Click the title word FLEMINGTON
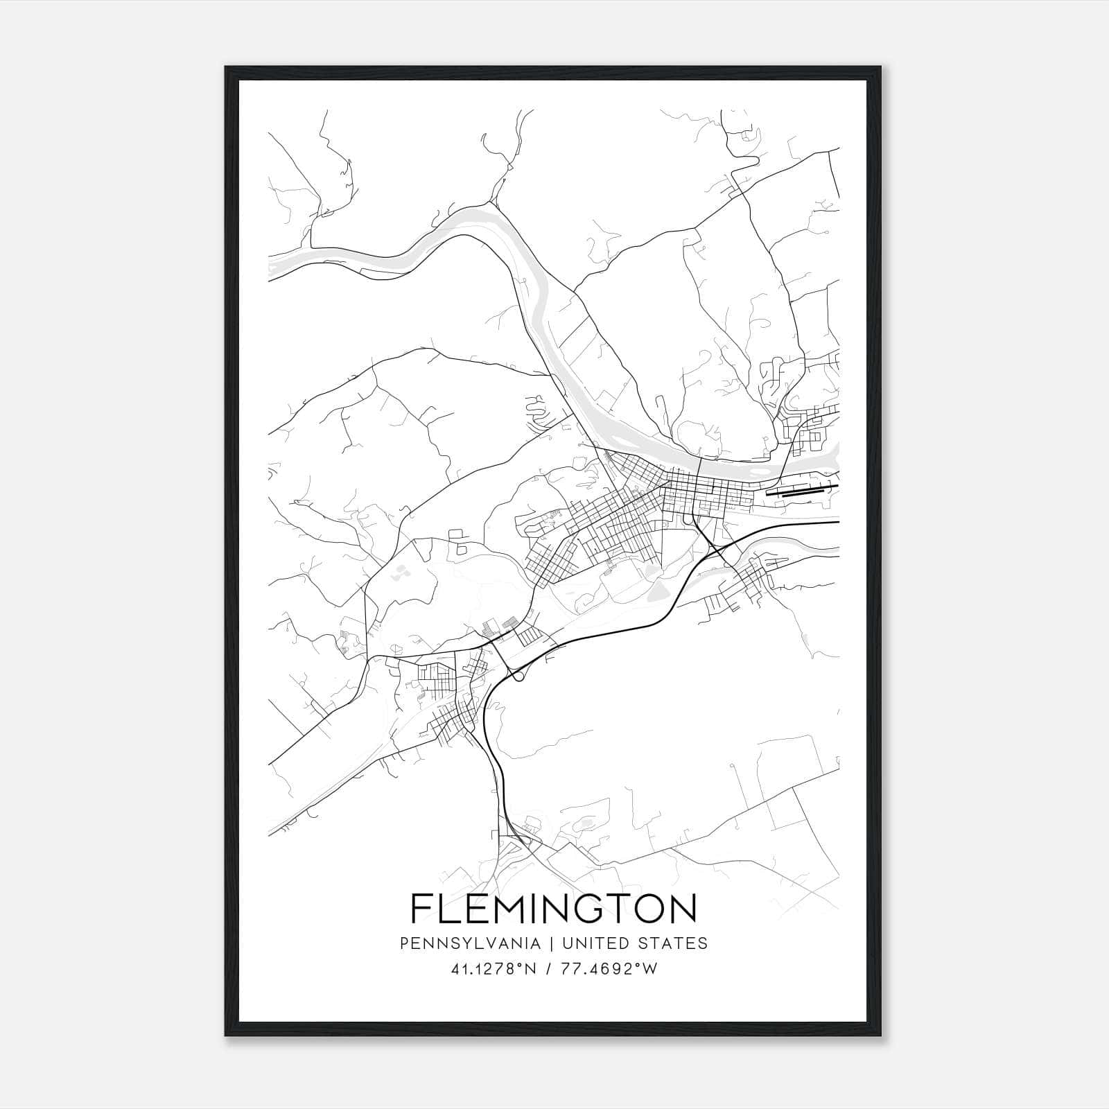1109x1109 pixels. point(554,909)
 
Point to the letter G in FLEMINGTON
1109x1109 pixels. point(601,909)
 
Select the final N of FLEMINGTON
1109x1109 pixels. point(682,909)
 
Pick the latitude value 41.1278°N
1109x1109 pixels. point(494,970)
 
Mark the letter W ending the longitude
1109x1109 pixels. point(650,970)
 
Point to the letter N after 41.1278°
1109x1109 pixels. point(531,970)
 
